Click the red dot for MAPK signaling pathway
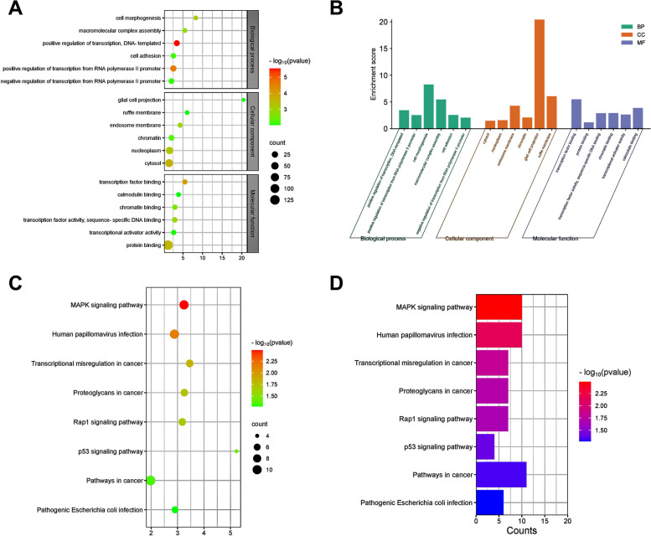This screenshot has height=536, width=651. pos(183,305)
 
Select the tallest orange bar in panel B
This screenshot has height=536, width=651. pos(539,74)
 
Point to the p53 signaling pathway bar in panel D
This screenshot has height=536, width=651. pos(485,446)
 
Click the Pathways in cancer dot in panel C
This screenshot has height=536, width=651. pos(151,480)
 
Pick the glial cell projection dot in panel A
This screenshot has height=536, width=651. pos(244,100)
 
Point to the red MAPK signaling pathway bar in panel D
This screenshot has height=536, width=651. pos(499,307)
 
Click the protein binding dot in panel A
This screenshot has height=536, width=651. pos(168,245)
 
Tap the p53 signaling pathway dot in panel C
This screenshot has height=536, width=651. pos(236,451)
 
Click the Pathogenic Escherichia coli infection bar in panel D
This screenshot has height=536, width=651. pos(489,503)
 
